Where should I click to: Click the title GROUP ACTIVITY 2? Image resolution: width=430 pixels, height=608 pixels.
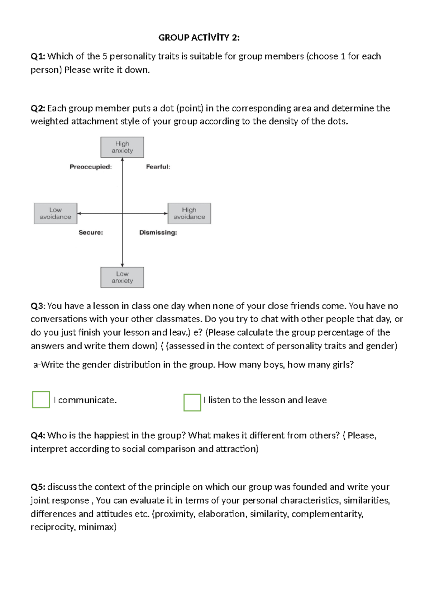coord(199,38)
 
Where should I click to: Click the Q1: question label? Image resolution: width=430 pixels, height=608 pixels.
coord(38,56)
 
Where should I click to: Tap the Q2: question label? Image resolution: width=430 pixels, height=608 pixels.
coord(38,108)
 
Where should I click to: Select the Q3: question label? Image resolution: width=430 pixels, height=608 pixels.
coord(38,306)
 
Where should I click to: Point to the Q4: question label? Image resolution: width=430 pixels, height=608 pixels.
coord(38,436)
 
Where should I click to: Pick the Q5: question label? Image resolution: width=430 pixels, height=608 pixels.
coord(38,487)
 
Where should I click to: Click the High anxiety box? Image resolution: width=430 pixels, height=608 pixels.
coord(122,147)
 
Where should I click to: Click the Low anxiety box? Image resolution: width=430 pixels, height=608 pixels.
coord(122,277)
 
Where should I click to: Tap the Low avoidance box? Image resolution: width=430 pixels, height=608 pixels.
coord(56,213)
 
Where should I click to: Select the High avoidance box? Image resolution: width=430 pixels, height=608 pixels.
coord(189,213)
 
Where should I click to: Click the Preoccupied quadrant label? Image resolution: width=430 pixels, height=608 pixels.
coord(91,167)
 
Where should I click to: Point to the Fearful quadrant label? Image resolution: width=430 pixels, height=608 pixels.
coord(158,167)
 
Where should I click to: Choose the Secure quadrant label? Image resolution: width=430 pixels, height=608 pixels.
coord(91,233)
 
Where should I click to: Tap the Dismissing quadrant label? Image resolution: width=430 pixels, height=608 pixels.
coord(158,233)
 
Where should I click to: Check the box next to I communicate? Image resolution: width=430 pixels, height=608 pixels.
coord(41,400)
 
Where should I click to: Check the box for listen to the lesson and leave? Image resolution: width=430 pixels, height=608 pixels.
coord(192,402)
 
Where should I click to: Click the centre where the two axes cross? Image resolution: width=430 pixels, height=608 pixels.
coord(123,213)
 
